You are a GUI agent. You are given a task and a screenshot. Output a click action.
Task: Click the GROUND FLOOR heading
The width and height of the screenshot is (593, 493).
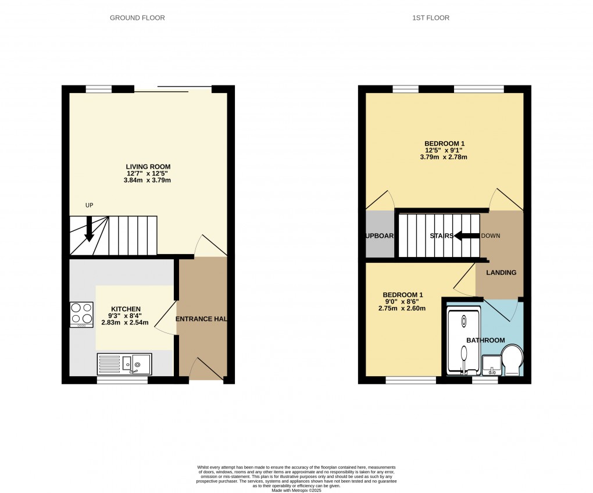(x=137, y=18)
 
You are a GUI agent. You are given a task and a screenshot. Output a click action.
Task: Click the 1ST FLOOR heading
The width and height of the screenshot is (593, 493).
(x=430, y=18)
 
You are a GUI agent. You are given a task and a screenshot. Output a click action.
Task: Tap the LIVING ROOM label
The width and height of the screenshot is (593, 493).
(x=148, y=167)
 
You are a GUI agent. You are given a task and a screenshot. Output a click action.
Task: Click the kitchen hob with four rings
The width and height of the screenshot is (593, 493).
(x=81, y=314)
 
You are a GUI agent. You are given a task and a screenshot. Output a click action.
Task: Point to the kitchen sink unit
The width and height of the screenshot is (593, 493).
(x=124, y=364)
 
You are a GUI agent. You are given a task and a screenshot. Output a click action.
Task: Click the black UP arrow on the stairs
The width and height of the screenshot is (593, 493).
(x=89, y=228)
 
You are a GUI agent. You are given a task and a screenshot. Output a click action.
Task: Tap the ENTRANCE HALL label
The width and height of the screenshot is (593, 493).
(x=201, y=319)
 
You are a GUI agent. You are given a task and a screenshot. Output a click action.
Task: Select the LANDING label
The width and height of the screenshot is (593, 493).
(x=501, y=273)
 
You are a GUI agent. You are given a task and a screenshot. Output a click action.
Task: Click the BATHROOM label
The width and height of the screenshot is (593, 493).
(x=485, y=340)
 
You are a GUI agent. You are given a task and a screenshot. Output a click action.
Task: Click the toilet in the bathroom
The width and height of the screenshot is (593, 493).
(x=512, y=359)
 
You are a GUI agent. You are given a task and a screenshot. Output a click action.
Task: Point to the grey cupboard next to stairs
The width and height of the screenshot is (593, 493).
(x=380, y=235)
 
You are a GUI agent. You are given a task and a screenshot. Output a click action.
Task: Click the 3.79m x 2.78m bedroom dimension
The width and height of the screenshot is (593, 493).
(x=445, y=157)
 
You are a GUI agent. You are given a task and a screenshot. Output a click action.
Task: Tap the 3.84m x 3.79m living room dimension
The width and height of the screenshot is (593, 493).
(x=148, y=180)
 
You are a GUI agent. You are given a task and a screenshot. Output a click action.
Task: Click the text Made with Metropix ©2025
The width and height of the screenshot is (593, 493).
(x=296, y=491)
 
